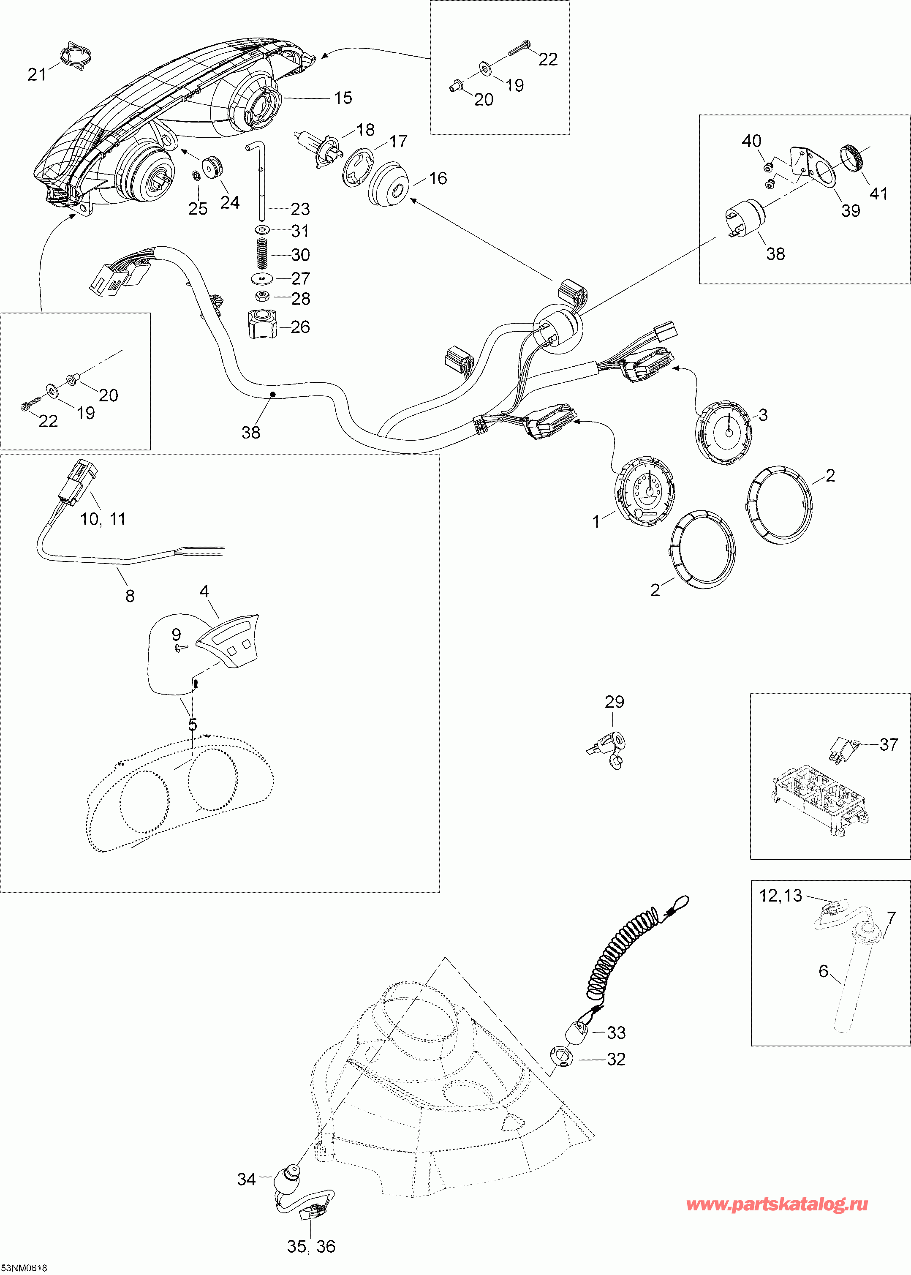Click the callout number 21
(37, 74)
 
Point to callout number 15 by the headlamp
(343, 98)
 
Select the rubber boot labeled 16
(390, 184)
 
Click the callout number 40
(752, 141)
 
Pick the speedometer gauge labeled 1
(644, 491)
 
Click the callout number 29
(614, 701)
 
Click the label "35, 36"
(311, 1246)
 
